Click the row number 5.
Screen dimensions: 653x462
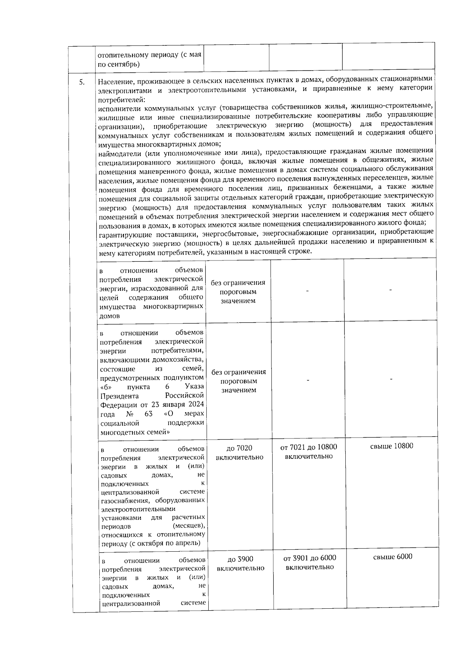[81, 82]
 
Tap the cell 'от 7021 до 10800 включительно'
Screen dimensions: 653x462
[308, 452]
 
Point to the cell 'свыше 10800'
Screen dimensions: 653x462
[392, 446]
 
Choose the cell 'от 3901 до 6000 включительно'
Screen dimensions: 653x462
[310, 562]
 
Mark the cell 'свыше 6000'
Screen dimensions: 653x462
[392, 557]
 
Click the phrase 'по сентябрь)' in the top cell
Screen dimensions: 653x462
[119, 64]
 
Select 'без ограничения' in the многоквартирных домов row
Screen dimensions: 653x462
[238, 282]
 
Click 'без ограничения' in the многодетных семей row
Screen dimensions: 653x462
[239, 372]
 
